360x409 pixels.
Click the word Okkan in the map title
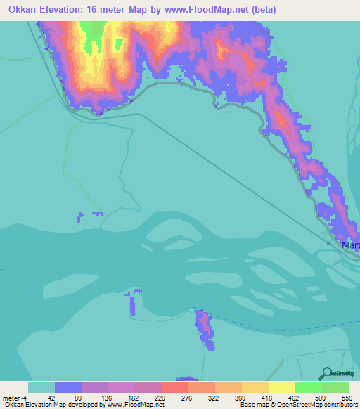20,10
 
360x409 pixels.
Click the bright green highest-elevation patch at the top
91,32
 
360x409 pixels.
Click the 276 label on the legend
188,397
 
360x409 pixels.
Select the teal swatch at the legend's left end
41,387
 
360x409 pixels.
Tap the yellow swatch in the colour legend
282,387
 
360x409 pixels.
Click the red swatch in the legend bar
175,387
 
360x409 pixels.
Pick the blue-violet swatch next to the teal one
68,387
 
